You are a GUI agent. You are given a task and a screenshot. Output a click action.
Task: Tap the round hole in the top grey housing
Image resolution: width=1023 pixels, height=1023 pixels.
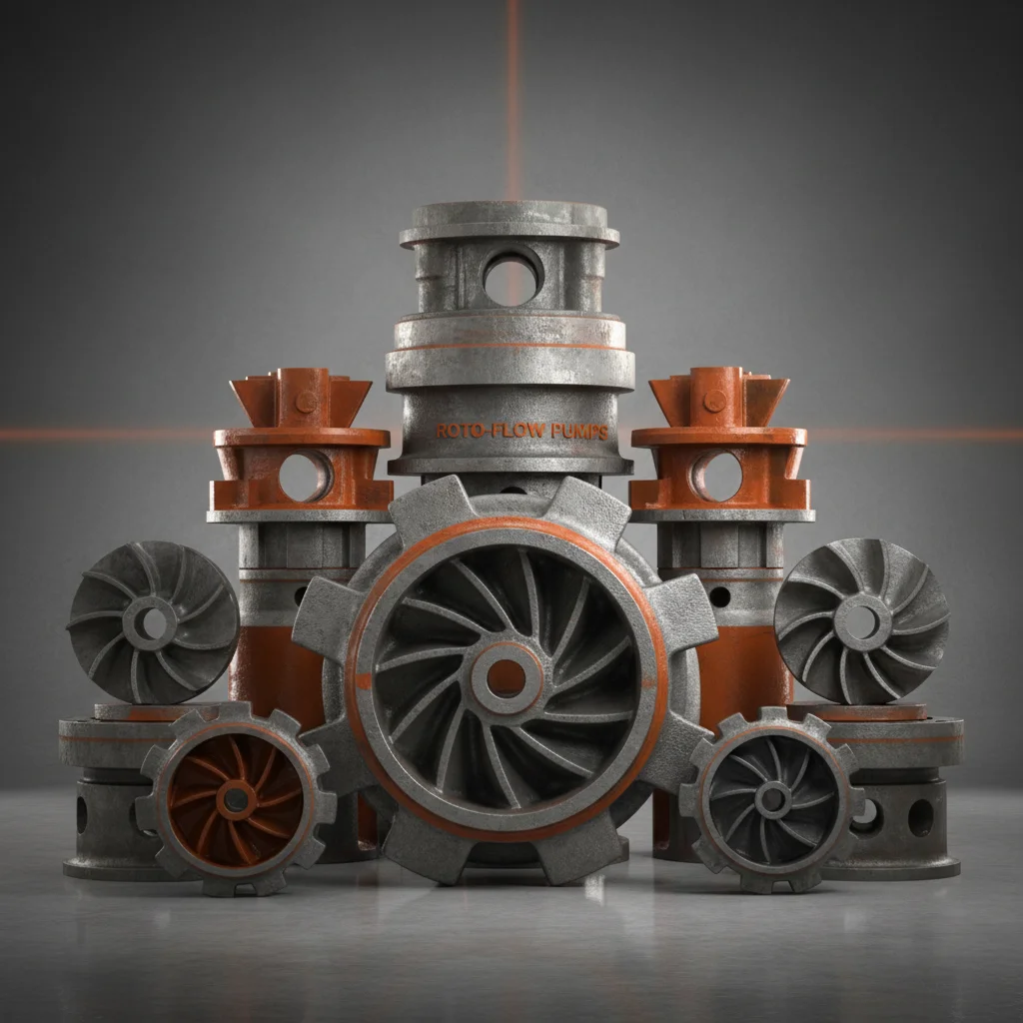tap(511, 277)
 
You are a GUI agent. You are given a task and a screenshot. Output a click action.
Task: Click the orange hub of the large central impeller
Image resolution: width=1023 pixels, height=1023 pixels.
tap(507, 678)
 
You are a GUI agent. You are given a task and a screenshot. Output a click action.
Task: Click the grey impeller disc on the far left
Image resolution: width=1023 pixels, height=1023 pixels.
tap(153, 621)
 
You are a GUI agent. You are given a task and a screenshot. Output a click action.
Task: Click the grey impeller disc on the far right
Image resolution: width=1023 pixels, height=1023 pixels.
tap(861, 621)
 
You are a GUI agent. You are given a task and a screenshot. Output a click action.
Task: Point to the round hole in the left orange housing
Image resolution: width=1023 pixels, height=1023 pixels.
tap(303, 477)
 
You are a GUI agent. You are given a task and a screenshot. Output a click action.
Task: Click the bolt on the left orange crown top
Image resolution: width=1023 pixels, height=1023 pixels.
tap(306, 402)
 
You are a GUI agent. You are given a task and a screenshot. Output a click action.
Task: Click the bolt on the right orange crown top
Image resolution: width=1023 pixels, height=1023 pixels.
tap(714, 402)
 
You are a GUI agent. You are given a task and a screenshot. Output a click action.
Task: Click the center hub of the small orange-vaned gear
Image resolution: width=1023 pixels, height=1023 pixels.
tap(236, 798)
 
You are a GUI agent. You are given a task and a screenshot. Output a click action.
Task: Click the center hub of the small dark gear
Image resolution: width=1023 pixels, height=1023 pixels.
tap(772, 798)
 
